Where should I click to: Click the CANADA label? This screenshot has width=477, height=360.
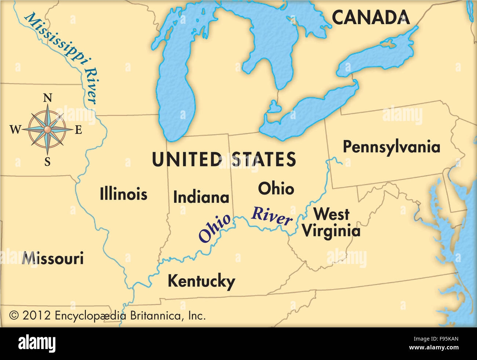tap(371, 17)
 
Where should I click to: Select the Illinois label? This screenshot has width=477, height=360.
tap(123, 194)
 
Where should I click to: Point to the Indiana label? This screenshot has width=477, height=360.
tap(201, 198)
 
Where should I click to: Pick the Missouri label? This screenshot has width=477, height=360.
tap(53, 259)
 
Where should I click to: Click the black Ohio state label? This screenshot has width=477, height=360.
tap(276, 188)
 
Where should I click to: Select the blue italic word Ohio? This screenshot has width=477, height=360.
tap(215, 228)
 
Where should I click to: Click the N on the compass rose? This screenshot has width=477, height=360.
tap(47, 98)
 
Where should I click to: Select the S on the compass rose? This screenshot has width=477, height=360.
tap(47, 162)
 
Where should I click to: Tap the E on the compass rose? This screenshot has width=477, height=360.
tap(78, 130)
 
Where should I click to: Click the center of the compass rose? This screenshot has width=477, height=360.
tap(47, 129)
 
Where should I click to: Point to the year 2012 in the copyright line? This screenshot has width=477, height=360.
tap(36, 315)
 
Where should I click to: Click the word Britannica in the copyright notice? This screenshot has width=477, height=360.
tap(154, 315)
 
